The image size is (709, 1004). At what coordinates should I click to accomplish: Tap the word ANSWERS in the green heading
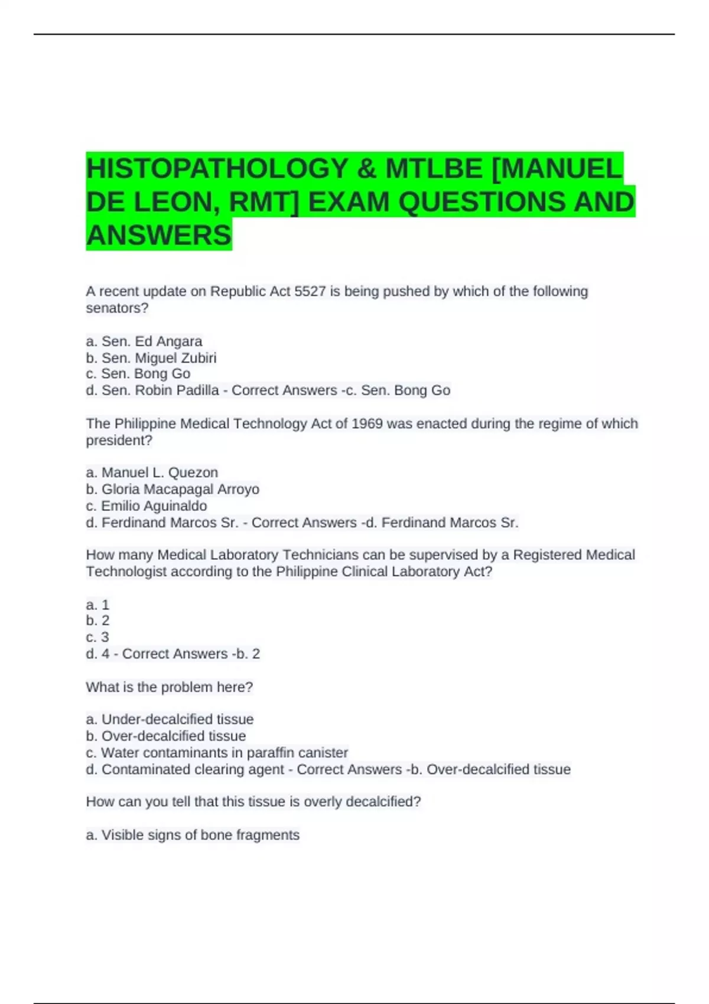pyautogui.click(x=158, y=235)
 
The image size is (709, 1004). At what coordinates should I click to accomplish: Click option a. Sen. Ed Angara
pyautogui.click(x=144, y=341)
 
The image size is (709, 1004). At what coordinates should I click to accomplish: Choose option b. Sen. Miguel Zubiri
pyautogui.click(x=151, y=358)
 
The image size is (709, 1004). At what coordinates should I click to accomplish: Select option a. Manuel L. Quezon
pyautogui.click(x=152, y=472)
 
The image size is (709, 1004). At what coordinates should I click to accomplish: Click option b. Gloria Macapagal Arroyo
pyautogui.click(x=173, y=489)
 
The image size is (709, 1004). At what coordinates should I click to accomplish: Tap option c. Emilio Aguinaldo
pyautogui.click(x=147, y=506)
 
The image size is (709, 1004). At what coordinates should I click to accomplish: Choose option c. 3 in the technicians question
pyautogui.click(x=97, y=637)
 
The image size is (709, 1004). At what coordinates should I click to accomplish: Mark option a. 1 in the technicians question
pyautogui.click(x=97, y=605)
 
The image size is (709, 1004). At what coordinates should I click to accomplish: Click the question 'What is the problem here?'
pyautogui.click(x=169, y=687)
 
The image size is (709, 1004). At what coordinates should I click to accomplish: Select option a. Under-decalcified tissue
pyautogui.click(x=170, y=719)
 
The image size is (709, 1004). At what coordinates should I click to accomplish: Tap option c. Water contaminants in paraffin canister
pyautogui.click(x=217, y=752)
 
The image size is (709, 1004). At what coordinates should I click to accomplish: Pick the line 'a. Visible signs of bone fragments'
pyautogui.click(x=193, y=835)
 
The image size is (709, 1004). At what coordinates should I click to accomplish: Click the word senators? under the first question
pyautogui.click(x=117, y=308)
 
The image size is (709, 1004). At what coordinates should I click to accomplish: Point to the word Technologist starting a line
pyautogui.click(x=126, y=571)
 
